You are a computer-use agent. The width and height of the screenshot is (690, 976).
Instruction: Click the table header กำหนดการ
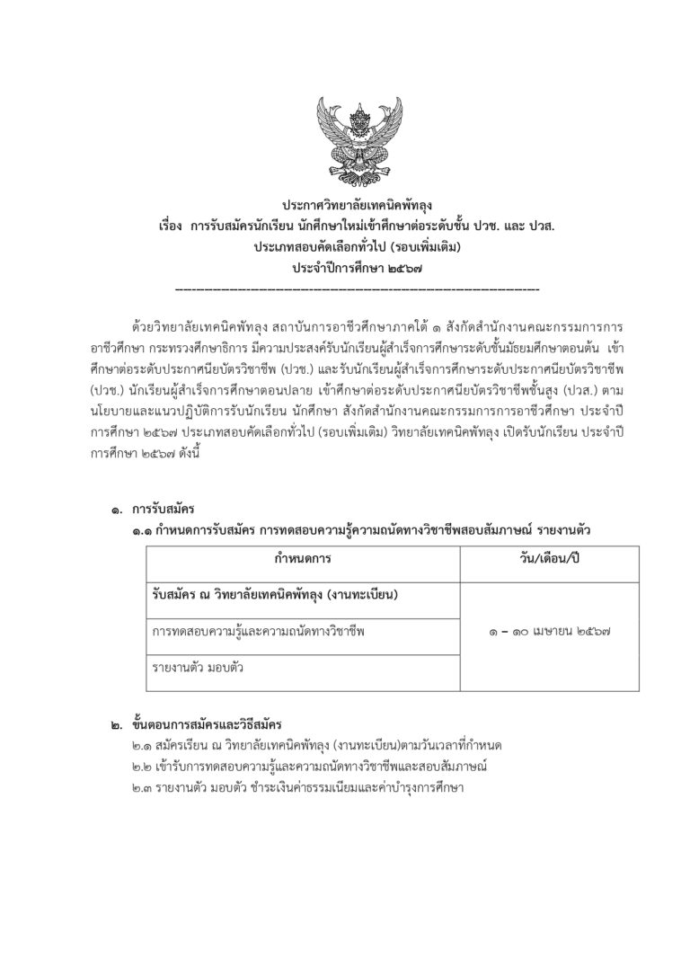[303, 559]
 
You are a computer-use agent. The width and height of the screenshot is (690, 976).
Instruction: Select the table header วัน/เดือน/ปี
[549, 559]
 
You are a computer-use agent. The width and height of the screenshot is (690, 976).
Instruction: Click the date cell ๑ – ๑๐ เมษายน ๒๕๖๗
[549, 633]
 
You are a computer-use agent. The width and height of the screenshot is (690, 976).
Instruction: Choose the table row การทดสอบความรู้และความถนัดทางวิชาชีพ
[260, 633]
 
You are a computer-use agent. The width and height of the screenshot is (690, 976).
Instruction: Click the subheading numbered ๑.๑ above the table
[358, 531]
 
